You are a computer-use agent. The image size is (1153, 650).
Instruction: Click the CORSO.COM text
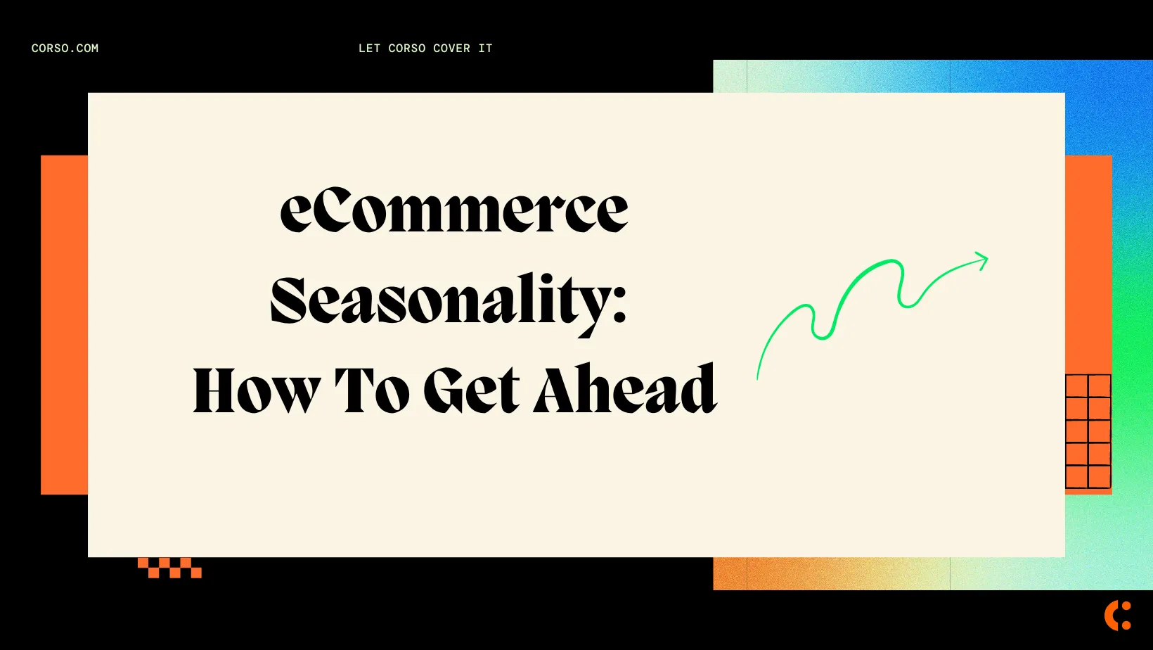coord(65,49)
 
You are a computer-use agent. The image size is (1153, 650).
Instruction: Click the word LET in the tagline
coord(369,49)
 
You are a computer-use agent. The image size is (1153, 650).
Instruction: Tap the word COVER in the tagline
coord(451,49)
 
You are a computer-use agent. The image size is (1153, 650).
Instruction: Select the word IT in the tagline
coord(485,49)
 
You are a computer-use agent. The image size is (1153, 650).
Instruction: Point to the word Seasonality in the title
coord(439,301)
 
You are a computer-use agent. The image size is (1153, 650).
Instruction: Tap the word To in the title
coord(371,390)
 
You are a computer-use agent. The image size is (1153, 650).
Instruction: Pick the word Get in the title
coord(472,390)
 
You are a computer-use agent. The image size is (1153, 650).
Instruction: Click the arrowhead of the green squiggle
coord(983,260)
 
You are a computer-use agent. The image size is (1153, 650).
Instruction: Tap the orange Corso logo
coord(1117,616)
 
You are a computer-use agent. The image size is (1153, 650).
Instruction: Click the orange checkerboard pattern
coord(169,568)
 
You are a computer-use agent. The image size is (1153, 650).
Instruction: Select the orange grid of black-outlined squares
coord(1088,431)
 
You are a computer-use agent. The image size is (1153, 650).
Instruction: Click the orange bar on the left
coord(64,324)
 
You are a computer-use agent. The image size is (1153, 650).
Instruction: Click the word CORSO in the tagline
coord(407,49)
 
